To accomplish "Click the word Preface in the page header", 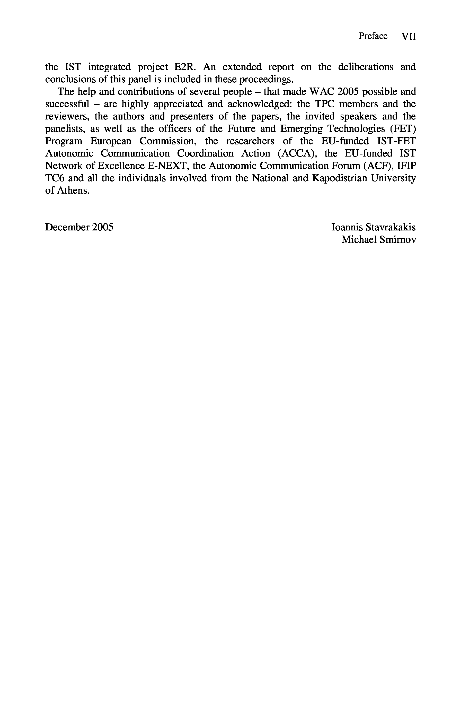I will [x=373, y=36].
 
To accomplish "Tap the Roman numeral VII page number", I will [x=408, y=36].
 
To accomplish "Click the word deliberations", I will [x=366, y=67].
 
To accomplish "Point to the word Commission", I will [x=168, y=141].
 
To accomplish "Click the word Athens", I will [x=73, y=190].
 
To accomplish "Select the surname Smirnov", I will [x=398, y=239].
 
